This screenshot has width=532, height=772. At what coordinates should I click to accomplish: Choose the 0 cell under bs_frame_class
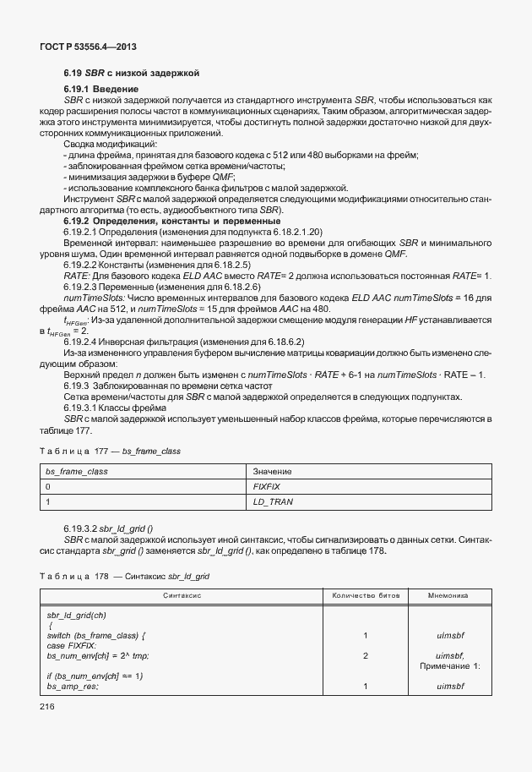pyautogui.click(x=48, y=487)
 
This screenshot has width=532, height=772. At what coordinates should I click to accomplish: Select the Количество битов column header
pyautogui.click(x=365, y=596)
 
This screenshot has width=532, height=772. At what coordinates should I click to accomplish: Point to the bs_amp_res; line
pyautogui.click(x=73, y=686)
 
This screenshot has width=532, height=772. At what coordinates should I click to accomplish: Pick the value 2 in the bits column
pyautogui.click(x=365, y=655)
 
